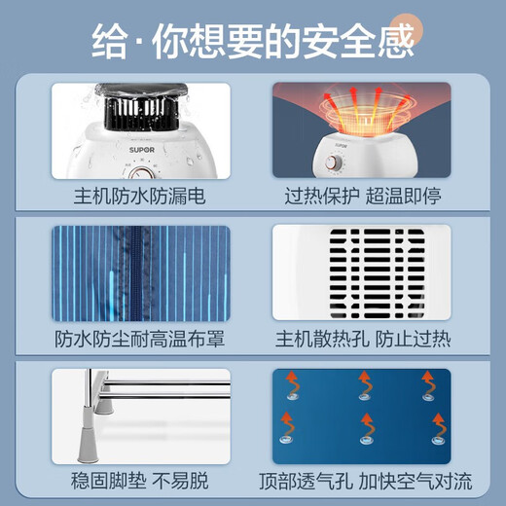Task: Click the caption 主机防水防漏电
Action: point(141,197)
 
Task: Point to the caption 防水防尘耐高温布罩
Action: point(141,340)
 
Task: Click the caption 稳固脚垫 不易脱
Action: point(141,483)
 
